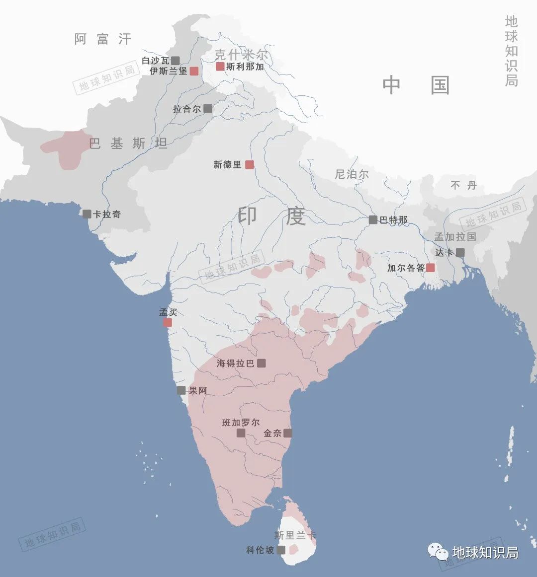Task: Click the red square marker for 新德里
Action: (x=250, y=164)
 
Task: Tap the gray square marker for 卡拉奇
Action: (x=87, y=214)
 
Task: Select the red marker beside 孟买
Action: (x=168, y=322)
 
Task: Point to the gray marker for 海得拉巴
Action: (x=261, y=363)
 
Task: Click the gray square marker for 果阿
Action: (x=181, y=390)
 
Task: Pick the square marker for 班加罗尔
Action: (x=241, y=433)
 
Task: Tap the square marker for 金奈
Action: (x=287, y=433)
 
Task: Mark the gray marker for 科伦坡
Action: (x=281, y=550)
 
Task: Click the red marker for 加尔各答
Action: (x=430, y=268)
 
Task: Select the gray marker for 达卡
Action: (x=460, y=252)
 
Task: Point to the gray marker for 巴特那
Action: (x=373, y=219)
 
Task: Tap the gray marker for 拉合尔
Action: (x=207, y=108)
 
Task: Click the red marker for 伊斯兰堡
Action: (x=194, y=71)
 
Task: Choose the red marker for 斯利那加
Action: (x=220, y=66)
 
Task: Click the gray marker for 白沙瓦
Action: (x=175, y=61)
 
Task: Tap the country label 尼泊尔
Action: (x=352, y=174)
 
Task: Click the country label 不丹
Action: (x=463, y=185)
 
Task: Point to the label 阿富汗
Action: (x=103, y=39)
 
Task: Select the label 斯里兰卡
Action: (x=295, y=535)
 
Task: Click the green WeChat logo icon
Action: (x=439, y=552)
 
